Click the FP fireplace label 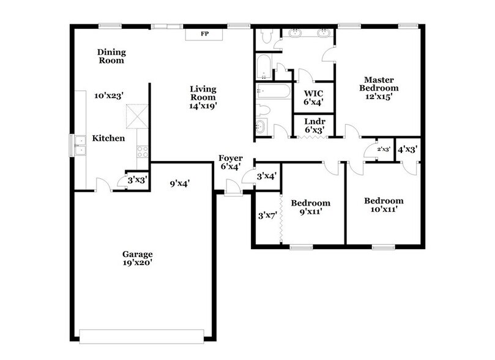click(x=203, y=34)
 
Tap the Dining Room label click(x=111, y=56)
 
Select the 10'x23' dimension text click(x=109, y=96)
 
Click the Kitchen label click(x=108, y=138)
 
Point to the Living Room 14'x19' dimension click(x=203, y=105)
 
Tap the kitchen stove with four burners click(x=143, y=151)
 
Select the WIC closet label click(x=313, y=94)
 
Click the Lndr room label click(x=314, y=122)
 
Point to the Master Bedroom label click(x=378, y=84)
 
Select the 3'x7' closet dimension click(x=267, y=215)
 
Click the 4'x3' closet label click(x=407, y=149)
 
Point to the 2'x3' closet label click(x=384, y=149)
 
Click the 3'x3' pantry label click(x=136, y=180)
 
